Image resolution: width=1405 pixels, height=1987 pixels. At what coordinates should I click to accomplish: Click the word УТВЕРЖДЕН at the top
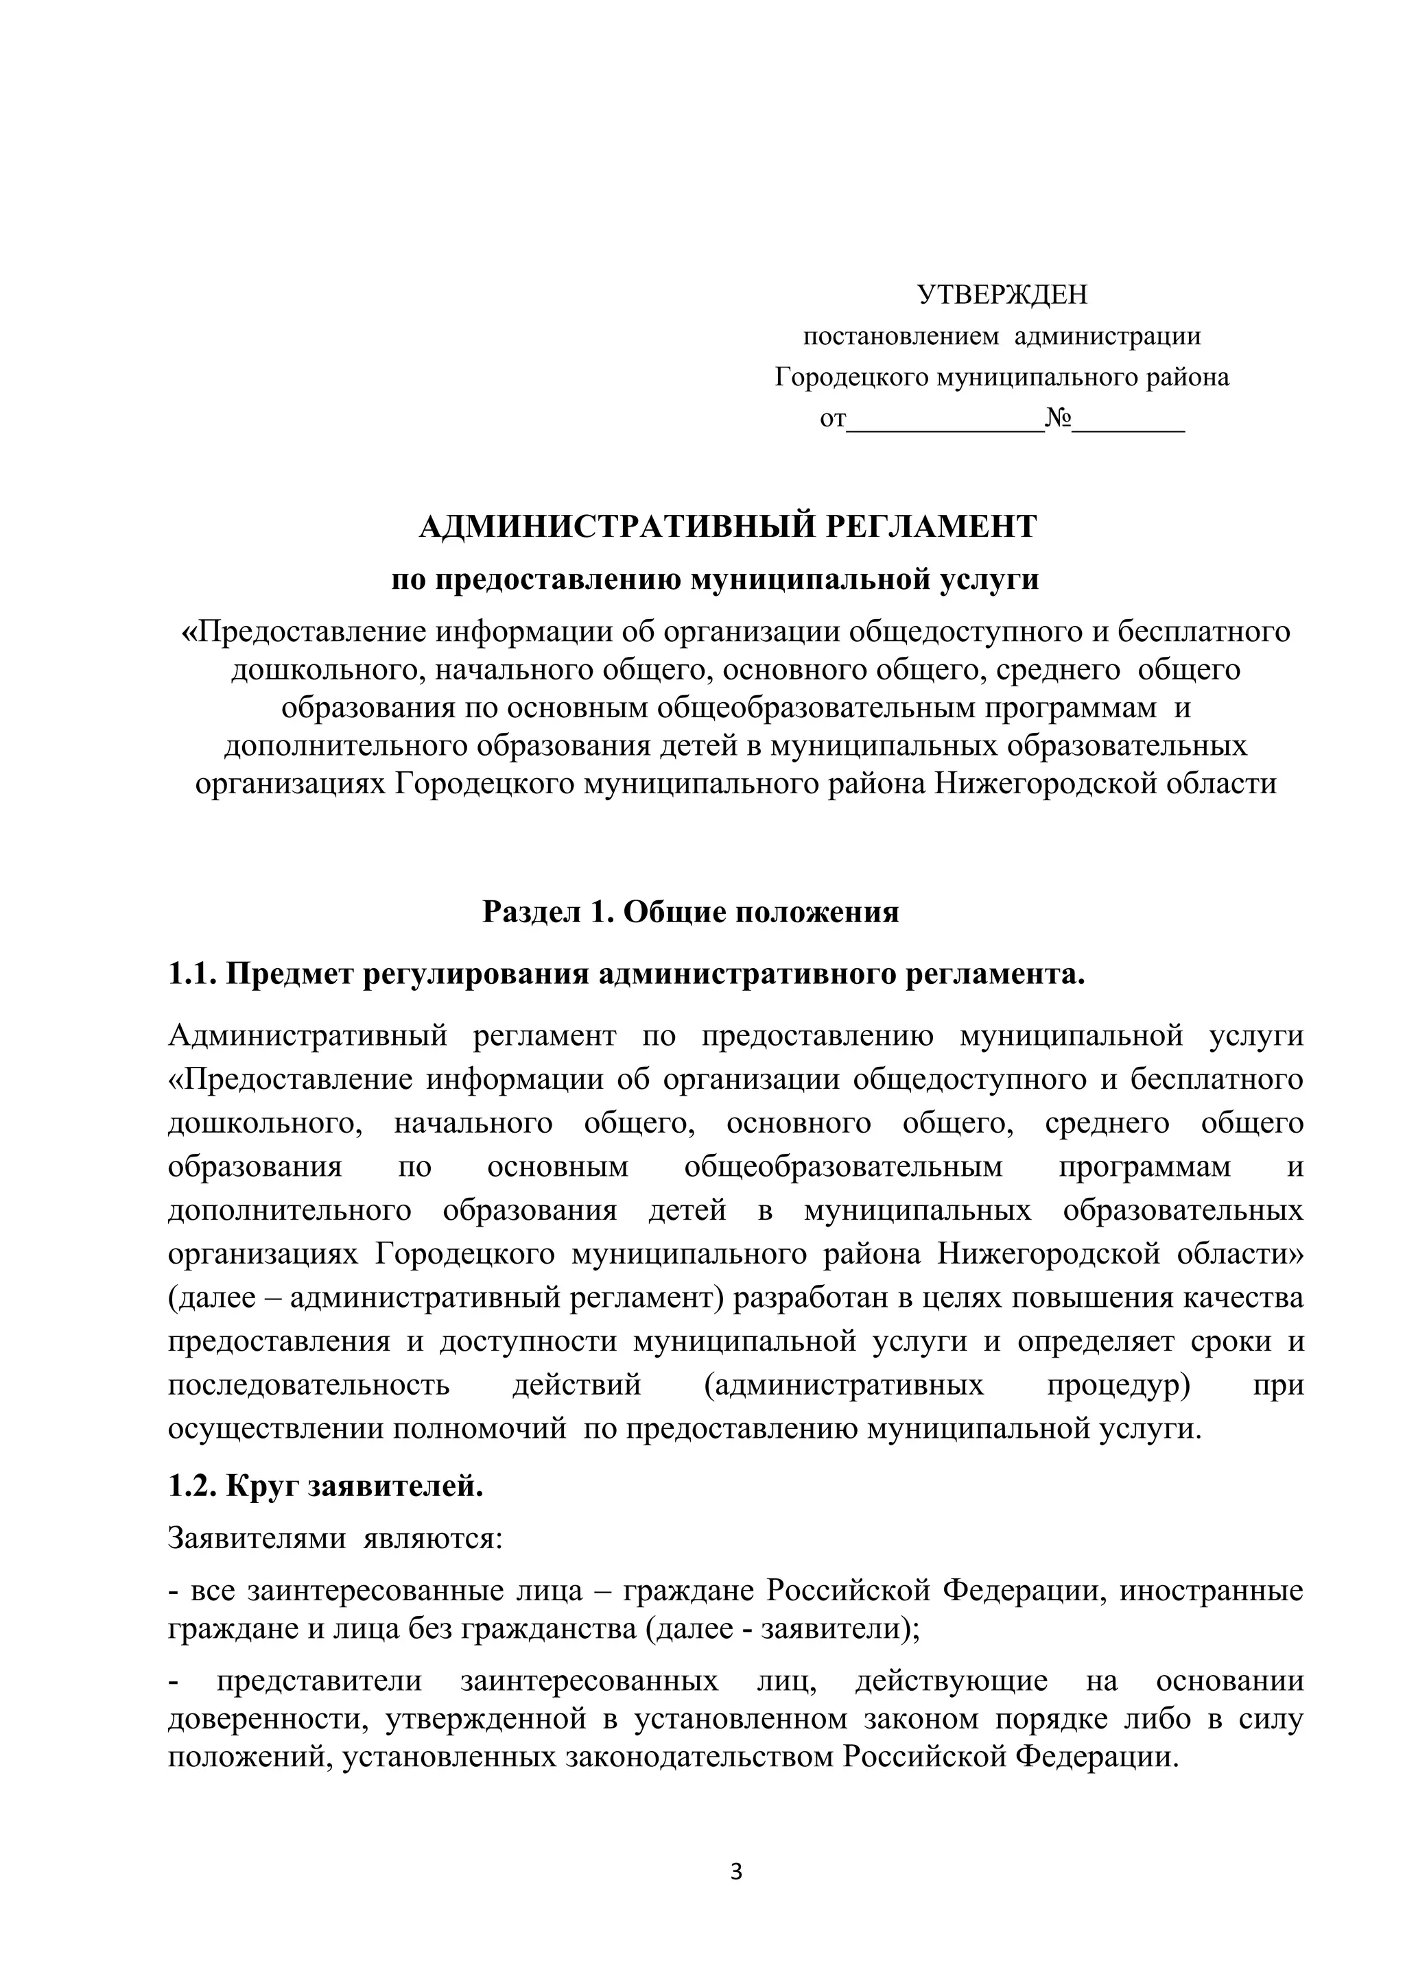click(x=1002, y=295)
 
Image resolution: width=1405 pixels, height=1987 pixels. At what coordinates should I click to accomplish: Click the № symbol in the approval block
click(x=1058, y=419)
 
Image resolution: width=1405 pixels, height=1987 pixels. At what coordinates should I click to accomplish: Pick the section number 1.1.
click(x=191, y=974)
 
